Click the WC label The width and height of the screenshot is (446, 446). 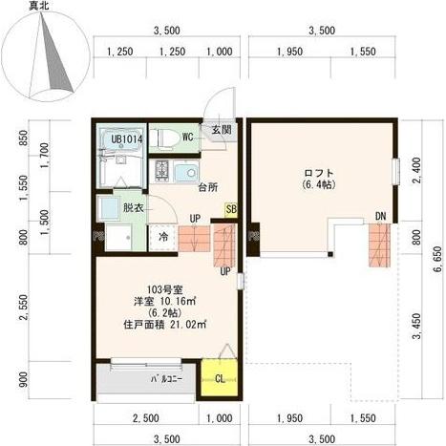pyautogui.click(x=188, y=138)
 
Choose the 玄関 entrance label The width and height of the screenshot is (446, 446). pyautogui.click(x=221, y=130)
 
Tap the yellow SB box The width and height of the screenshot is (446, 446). pyautogui.click(x=231, y=209)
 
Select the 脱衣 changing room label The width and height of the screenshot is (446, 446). pyautogui.click(x=133, y=206)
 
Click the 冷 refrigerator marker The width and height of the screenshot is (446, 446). pyautogui.click(x=163, y=236)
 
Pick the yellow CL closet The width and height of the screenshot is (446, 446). pyautogui.click(x=220, y=377)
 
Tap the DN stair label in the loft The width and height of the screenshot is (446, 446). pyautogui.click(x=381, y=214)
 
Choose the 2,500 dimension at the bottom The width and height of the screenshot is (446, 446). pyautogui.click(x=145, y=417)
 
